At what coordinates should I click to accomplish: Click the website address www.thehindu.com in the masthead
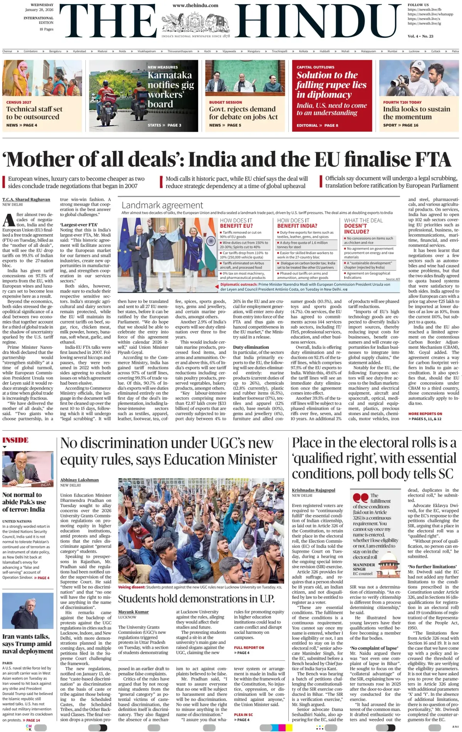[195, 5]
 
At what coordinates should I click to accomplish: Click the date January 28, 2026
[39, 10]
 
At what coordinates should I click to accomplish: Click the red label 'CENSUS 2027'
[19, 102]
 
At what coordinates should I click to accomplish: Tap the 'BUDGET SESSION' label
[226, 102]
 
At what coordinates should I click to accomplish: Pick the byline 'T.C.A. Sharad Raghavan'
[26, 199]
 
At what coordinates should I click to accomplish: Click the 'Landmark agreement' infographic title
[162, 205]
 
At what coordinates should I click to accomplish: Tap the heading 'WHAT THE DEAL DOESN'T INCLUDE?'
[363, 226]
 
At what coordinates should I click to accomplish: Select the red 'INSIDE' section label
[15, 440]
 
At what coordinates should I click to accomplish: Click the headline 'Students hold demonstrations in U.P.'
[196, 598]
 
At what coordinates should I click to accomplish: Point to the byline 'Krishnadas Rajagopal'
[313, 490]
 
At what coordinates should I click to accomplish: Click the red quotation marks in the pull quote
[360, 498]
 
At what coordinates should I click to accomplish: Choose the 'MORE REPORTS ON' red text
[425, 414]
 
